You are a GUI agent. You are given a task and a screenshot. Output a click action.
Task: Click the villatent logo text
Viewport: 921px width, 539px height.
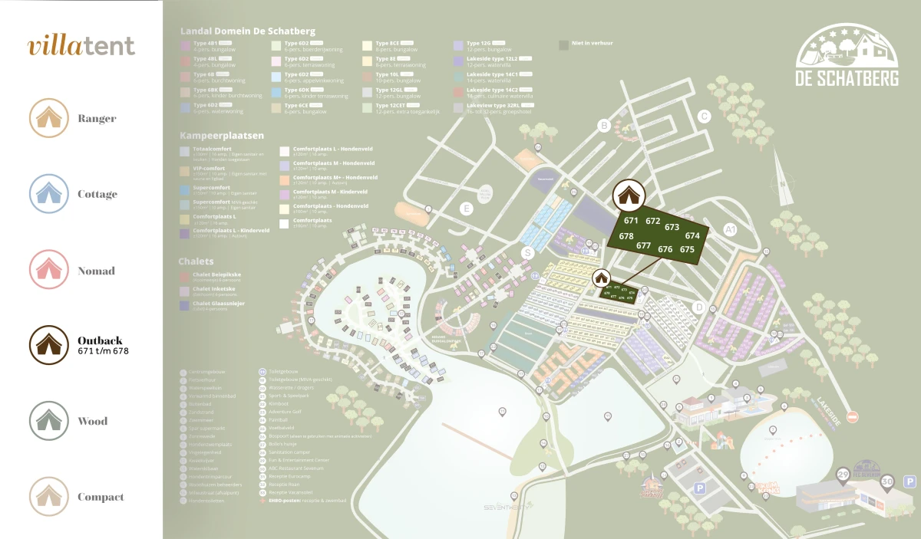coord(81,46)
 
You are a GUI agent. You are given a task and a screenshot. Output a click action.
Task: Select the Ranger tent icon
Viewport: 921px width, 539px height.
coord(45,118)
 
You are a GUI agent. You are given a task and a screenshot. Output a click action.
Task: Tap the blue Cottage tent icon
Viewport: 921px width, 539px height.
coord(45,194)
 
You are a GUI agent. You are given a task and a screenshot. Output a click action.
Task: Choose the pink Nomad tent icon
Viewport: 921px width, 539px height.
coord(45,270)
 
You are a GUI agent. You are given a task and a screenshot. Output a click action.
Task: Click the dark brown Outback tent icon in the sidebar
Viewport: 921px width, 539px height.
coord(45,345)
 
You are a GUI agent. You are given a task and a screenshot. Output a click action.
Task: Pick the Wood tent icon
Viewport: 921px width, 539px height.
coord(45,421)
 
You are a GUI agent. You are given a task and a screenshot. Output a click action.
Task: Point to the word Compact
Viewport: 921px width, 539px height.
coord(101,497)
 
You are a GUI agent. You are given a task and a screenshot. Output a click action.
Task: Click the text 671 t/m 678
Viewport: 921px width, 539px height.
coord(103,351)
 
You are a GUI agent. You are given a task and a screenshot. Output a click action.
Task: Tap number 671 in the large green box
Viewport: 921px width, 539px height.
coord(631,221)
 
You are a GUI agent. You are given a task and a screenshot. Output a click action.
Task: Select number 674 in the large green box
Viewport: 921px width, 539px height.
coord(692,236)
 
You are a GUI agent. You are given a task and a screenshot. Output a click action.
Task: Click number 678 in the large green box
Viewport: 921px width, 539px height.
coord(626,237)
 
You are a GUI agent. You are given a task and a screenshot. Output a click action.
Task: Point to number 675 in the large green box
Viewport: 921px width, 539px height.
coord(687,249)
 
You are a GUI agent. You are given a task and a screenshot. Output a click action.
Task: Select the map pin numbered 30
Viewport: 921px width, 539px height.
coord(887,482)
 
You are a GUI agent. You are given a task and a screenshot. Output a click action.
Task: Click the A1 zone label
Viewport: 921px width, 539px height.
coord(731,229)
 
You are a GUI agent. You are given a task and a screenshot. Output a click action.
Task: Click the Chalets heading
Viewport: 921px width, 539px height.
coord(196,261)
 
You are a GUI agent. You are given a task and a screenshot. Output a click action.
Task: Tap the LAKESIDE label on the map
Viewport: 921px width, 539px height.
coord(829,411)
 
